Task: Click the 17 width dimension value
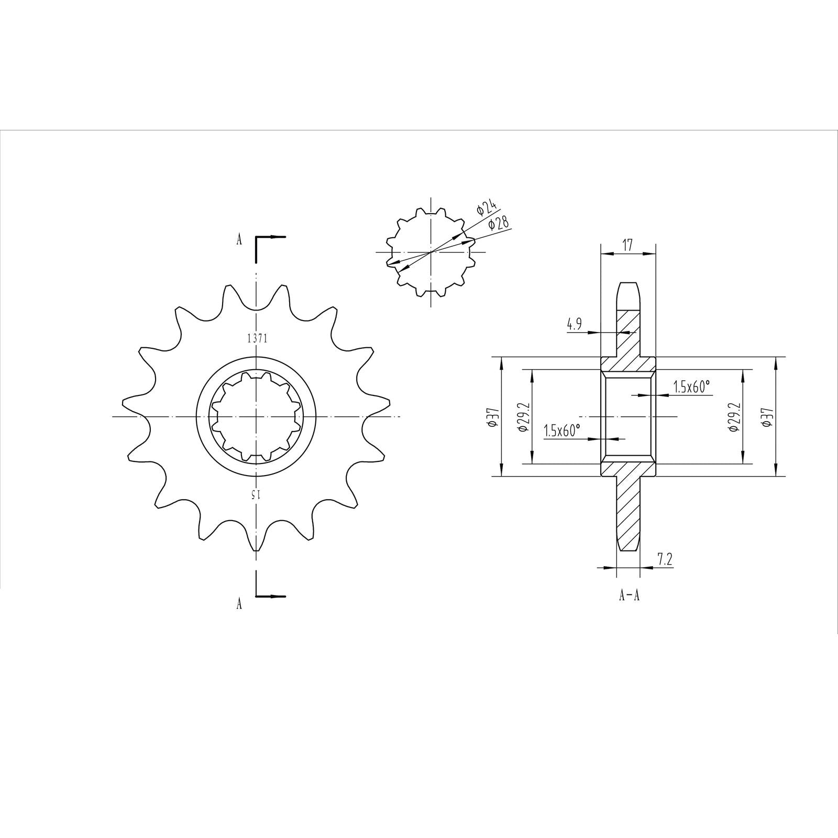point(628,244)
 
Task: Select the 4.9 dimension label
point(574,324)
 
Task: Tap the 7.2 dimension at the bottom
point(665,560)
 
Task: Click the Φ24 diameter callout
point(486,207)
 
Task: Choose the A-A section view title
point(629,596)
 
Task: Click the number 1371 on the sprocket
point(257,339)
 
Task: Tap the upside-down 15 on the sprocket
point(255,494)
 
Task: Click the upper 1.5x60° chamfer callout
point(691,387)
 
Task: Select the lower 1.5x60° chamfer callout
point(562,431)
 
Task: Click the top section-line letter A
point(239,240)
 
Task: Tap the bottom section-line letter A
point(239,604)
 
